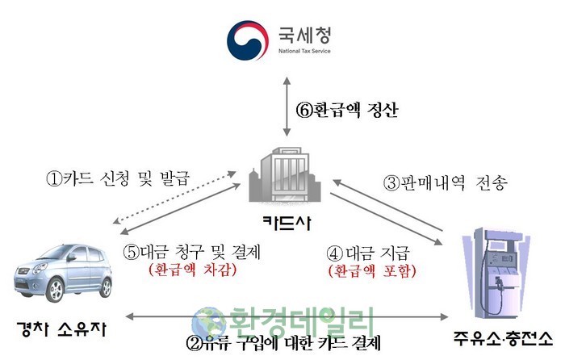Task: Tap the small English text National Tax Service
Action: (x=303, y=55)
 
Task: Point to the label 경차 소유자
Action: (x=61, y=330)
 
